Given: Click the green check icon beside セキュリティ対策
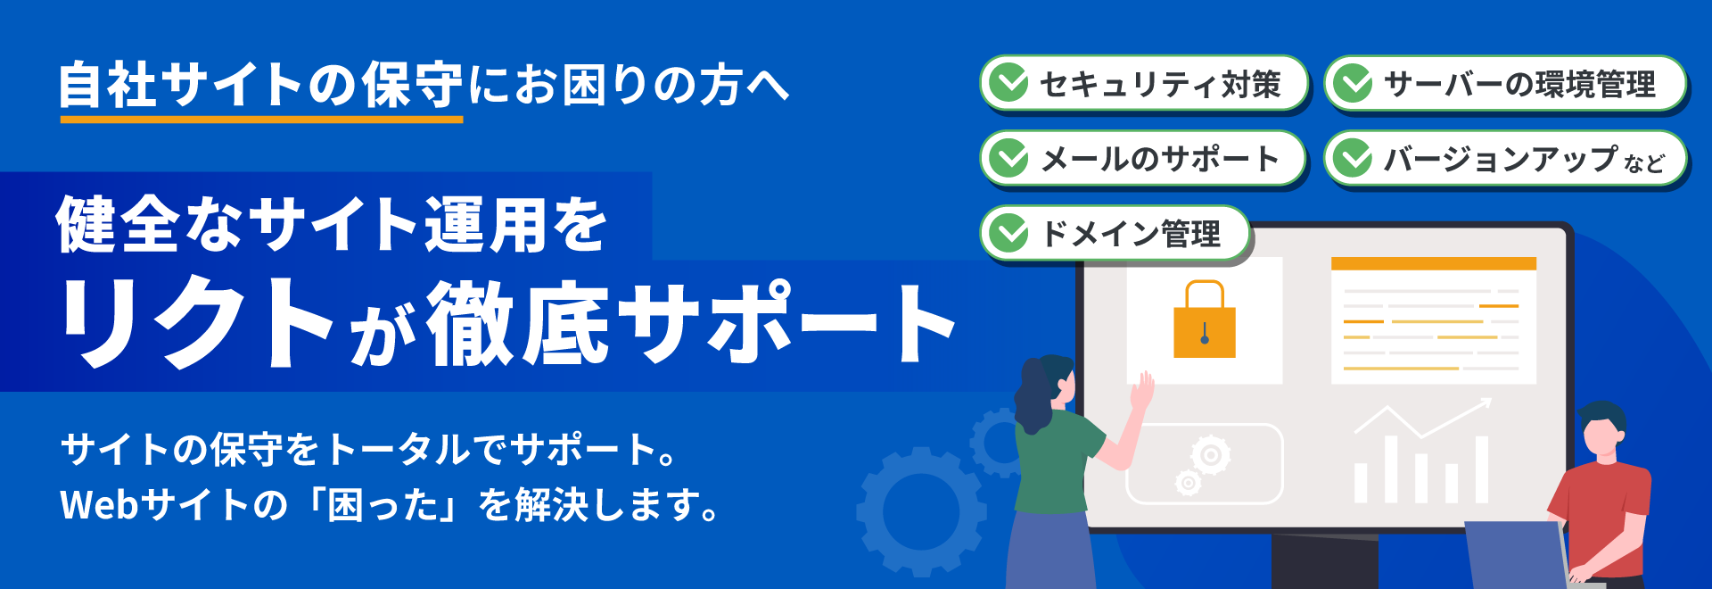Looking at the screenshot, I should coord(1010,83).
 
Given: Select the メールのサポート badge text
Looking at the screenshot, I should coord(1159,159).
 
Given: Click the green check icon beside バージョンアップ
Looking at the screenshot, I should coord(1354,159).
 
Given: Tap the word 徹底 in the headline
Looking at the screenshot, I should coord(517,323).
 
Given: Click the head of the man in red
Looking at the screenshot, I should coord(1602,430).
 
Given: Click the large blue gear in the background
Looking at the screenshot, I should coord(921,511).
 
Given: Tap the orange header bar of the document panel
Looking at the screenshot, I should coord(1433,263).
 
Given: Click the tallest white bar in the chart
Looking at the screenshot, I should coord(1481,469).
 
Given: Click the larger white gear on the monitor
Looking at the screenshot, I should coord(1210,455).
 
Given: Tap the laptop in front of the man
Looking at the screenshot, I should coord(1516,553).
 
